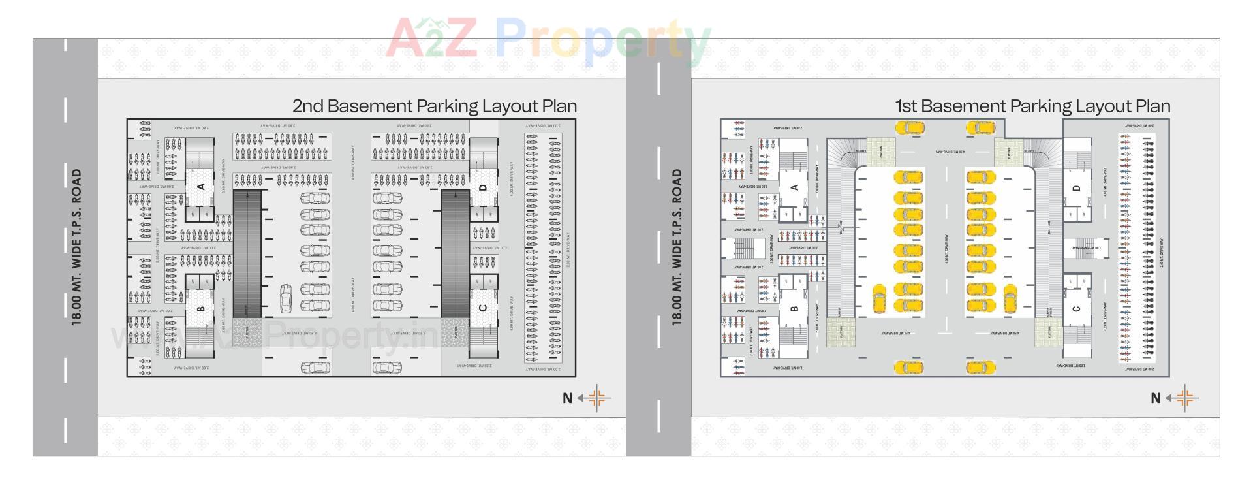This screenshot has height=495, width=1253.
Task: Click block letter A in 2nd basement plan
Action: (201, 187)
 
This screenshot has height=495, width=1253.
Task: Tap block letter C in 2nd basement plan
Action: (483, 308)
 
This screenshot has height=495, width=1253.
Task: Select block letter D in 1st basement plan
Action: (1076, 188)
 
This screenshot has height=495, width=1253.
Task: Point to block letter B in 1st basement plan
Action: (794, 309)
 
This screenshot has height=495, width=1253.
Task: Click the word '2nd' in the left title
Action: (307, 106)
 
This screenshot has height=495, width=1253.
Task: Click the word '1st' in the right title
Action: (906, 106)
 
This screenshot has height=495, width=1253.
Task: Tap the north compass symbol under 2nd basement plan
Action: (596, 398)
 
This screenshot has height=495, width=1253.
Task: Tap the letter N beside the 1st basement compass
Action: (1155, 398)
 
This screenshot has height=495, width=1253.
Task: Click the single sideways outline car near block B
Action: (286, 298)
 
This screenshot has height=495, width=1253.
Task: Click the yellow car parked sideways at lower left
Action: (879, 298)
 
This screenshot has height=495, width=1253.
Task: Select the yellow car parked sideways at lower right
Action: (1010, 298)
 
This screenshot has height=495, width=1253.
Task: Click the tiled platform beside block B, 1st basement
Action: (841, 332)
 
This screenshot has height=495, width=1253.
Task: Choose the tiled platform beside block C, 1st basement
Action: (1048, 332)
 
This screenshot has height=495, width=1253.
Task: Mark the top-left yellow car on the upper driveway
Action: (910, 127)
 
